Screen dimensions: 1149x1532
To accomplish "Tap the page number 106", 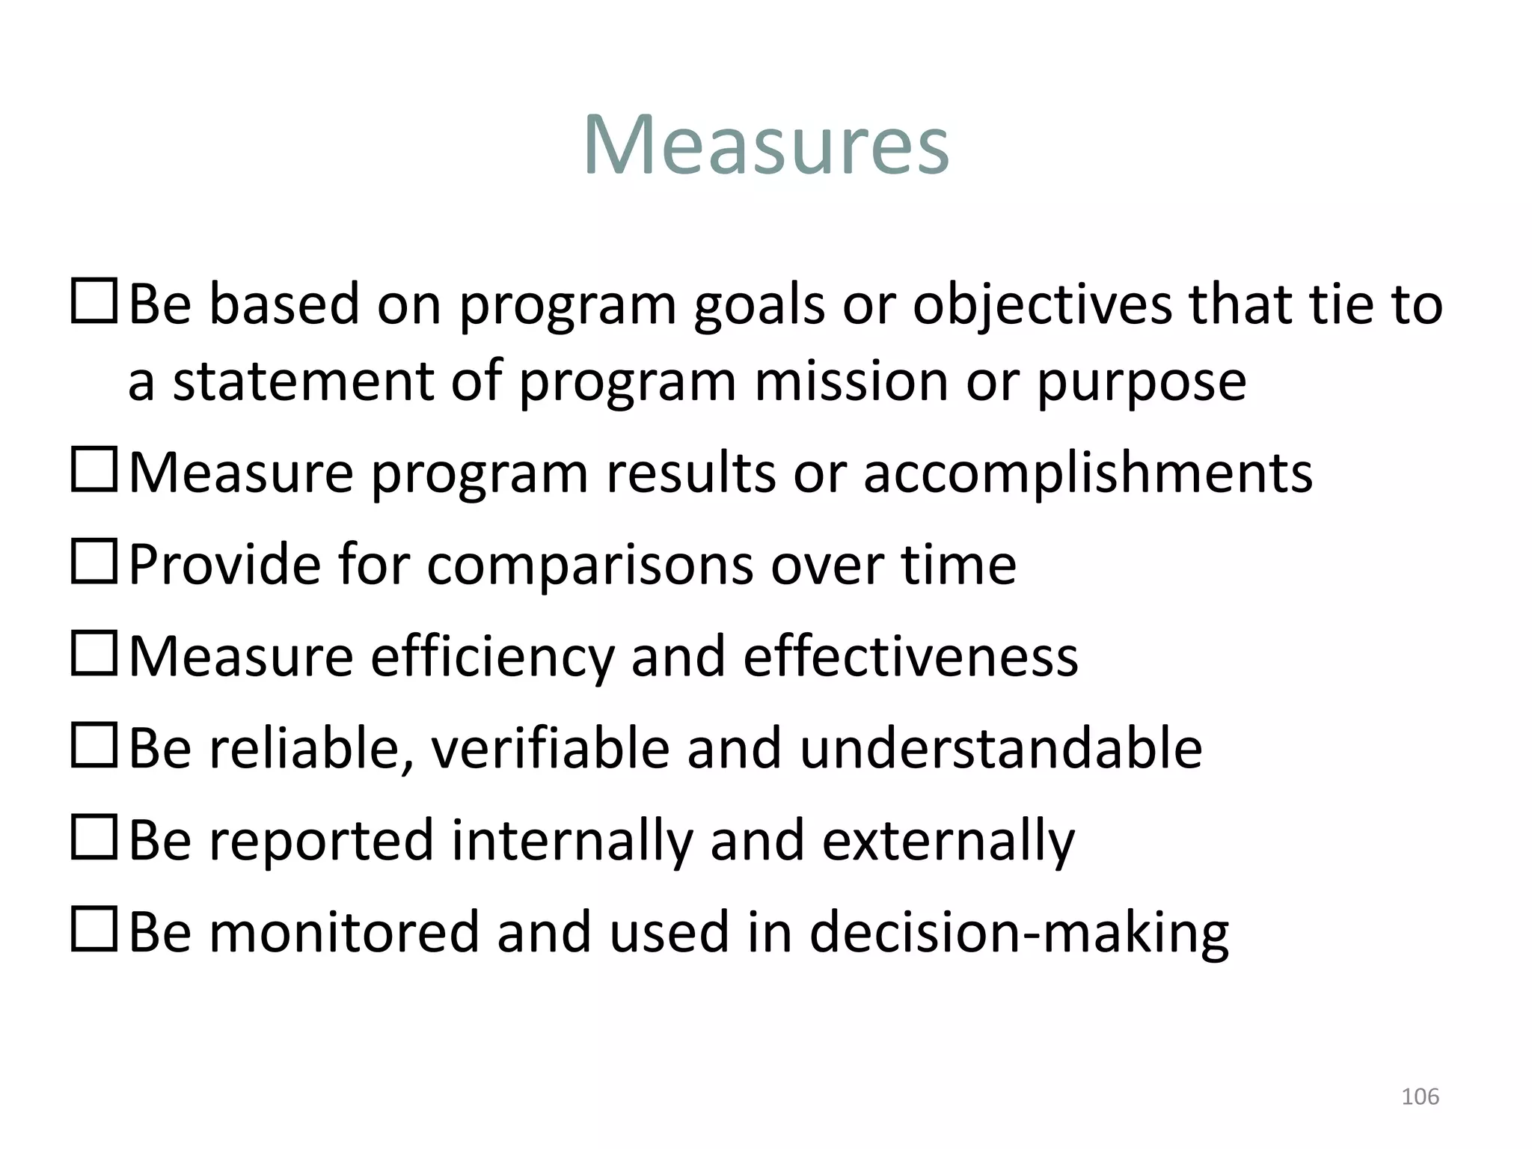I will click(1420, 1097).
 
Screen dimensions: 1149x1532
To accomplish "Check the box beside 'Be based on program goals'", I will click(94, 301).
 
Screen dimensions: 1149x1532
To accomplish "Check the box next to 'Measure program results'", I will click(94, 469).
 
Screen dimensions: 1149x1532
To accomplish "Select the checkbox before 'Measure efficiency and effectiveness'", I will click(94, 652).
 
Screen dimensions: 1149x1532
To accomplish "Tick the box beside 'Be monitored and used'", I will click(94, 928).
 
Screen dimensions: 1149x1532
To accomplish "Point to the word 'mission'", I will click(851, 382).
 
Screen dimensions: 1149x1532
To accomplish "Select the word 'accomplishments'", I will click(1088, 474).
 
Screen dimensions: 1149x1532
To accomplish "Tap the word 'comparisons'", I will click(590, 565).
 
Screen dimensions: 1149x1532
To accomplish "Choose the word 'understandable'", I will click(1000, 748).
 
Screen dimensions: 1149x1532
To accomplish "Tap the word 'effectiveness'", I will click(910, 657).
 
